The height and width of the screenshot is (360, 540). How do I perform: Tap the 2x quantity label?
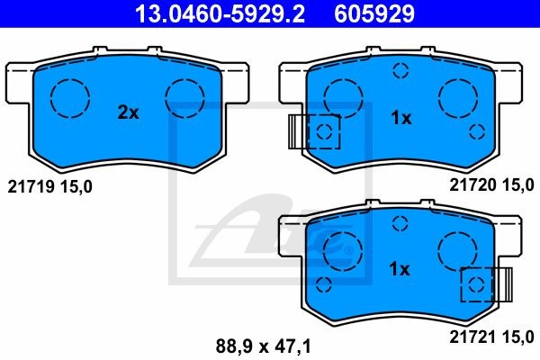[129, 113]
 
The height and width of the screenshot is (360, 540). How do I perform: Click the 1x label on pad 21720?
[400, 118]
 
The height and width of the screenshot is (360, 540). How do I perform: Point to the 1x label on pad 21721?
[400, 268]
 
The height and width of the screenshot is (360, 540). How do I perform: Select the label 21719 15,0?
[49, 186]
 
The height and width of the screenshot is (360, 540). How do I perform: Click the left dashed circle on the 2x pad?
[68, 95]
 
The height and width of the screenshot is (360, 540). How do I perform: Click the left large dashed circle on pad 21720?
[342, 95]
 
